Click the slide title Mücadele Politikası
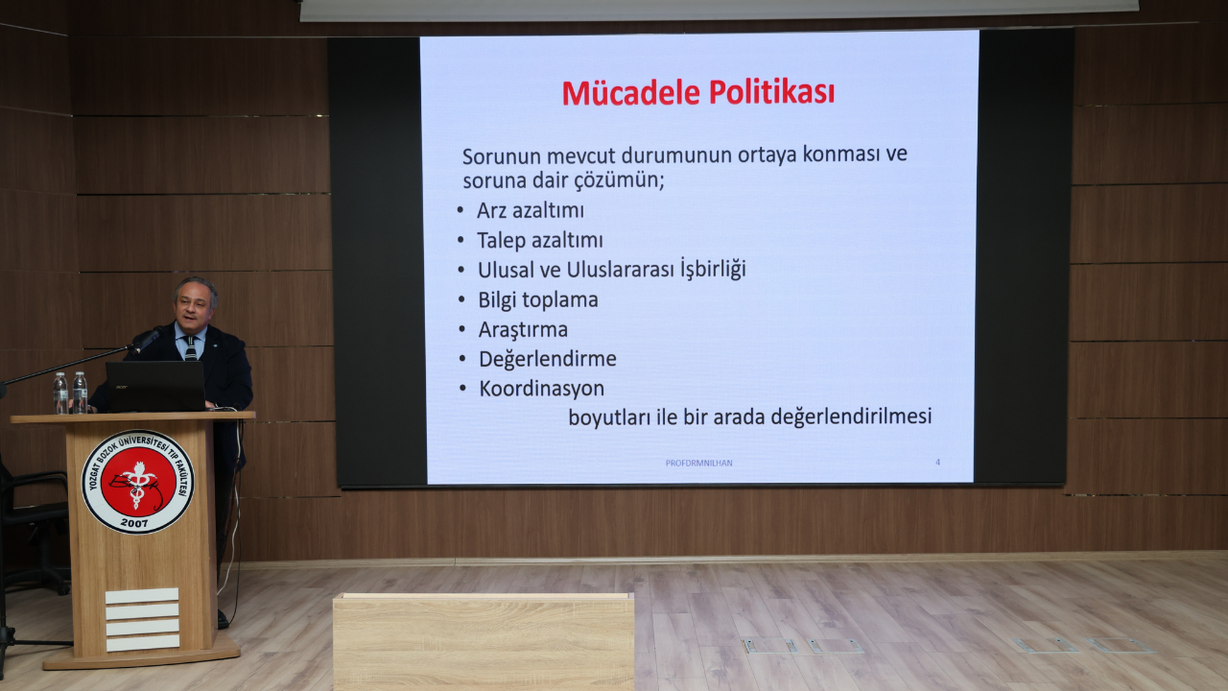[x=697, y=93]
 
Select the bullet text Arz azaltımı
[x=531, y=210]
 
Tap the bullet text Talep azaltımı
[x=540, y=240]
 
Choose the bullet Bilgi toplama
[x=538, y=299]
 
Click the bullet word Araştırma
[x=523, y=330]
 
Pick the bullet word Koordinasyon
[x=542, y=389]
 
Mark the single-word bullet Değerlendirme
[x=548, y=359]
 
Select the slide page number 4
[x=937, y=463]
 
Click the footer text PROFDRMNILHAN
[x=698, y=463]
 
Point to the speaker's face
[x=195, y=304]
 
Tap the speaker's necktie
[x=191, y=348]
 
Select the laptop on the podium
[x=155, y=386]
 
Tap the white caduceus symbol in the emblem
[x=138, y=483]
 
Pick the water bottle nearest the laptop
[x=81, y=393]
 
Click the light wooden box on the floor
[x=483, y=641]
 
